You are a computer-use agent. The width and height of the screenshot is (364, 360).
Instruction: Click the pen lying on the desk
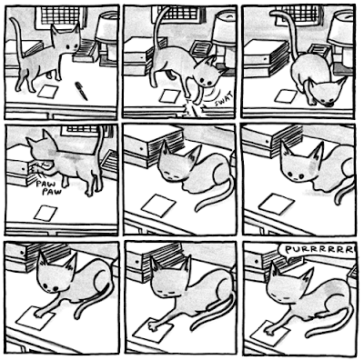82,91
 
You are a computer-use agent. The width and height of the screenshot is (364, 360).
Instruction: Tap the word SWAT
224,99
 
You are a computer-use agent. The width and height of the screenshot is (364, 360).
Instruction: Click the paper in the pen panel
47,91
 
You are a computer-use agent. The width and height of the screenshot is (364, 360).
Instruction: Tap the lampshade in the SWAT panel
225,29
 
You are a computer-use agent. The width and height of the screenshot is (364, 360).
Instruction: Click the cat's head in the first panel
66,43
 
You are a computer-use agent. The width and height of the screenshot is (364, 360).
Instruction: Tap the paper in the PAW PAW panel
45,213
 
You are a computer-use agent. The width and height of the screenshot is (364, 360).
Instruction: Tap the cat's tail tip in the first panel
13,20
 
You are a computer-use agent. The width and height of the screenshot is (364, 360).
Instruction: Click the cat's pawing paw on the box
38,171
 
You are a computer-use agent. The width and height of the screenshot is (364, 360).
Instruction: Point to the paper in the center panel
158,205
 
